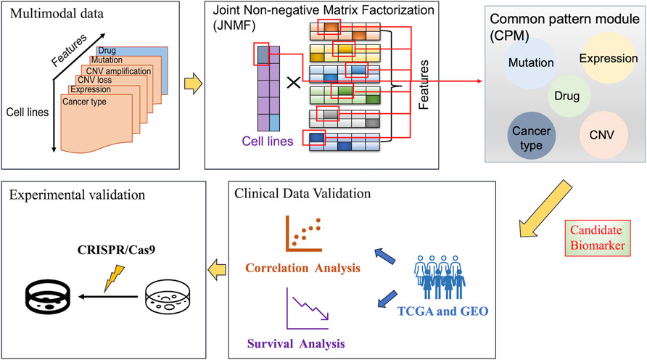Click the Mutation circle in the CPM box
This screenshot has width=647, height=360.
pyautogui.click(x=532, y=63)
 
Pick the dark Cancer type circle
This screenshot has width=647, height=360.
pyautogui.click(x=531, y=133)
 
